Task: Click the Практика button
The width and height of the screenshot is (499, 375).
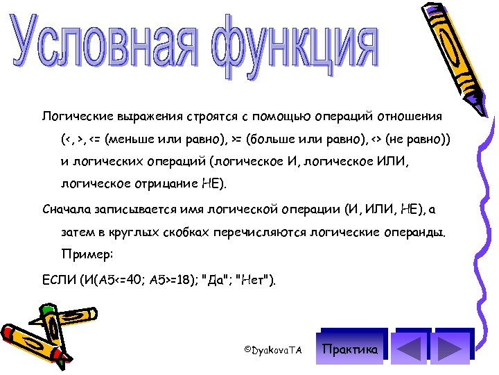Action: coord(351,349)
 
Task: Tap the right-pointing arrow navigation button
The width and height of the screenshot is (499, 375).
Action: coord(451,349)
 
